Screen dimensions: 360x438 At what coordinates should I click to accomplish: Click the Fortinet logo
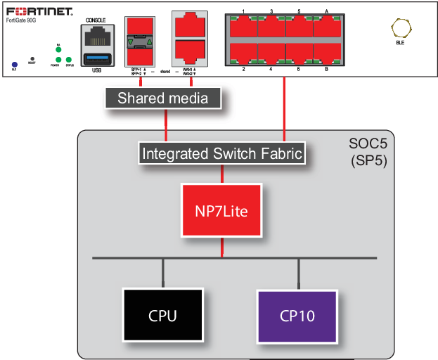(x=39, y=11)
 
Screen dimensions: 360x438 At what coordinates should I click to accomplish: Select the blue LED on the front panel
(x=14, y=65)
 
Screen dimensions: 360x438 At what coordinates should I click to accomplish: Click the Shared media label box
(x=162, y=98)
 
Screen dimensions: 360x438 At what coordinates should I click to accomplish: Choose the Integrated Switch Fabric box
(x=222, y=153)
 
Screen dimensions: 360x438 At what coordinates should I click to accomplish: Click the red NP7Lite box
(x=221, y=210)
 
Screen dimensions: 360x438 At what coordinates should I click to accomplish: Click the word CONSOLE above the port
(x=95, y=20)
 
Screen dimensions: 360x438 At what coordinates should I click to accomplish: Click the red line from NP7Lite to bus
(x=222, y=247)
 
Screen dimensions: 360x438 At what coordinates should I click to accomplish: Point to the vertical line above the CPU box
(x=163, y=273)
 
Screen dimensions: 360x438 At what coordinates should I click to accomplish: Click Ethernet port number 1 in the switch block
(x=243, y=27)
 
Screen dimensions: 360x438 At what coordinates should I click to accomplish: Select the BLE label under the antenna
(x=400, y=44)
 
